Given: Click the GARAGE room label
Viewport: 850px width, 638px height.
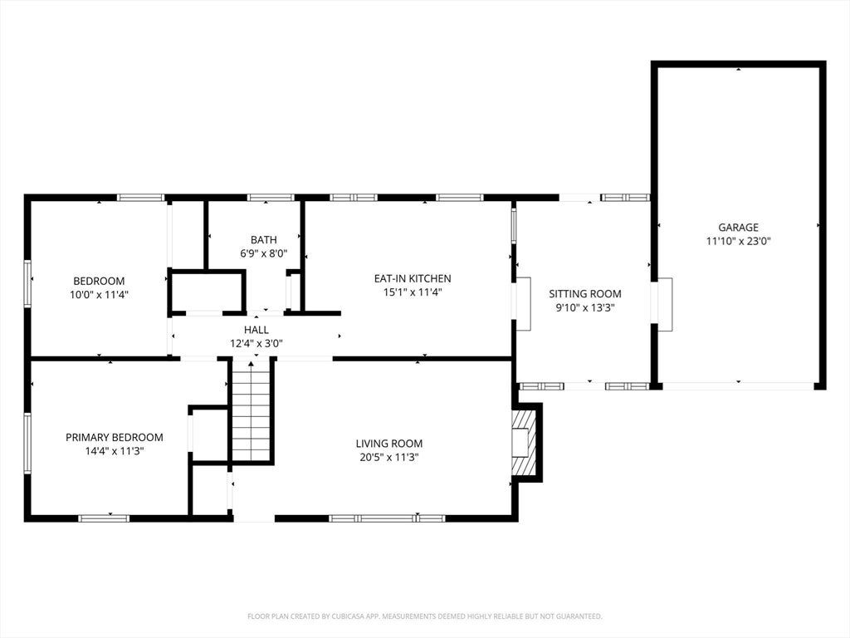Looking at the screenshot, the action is (x=738, y=228).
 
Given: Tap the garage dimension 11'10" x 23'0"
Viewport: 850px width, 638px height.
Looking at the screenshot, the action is (x=738, y=241).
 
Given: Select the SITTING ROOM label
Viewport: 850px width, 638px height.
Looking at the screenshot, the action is (x=585, y=293).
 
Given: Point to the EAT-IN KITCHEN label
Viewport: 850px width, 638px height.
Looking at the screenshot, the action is (x=413, y=278).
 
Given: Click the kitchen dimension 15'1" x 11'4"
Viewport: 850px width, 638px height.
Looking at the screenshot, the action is (x=413, y=292).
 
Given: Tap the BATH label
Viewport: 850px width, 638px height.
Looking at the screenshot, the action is (x=264, y=239).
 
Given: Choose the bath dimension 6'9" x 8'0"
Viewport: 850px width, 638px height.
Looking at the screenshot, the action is (x=264, y=253).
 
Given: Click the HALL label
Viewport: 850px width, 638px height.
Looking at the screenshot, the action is (x=256, y=329).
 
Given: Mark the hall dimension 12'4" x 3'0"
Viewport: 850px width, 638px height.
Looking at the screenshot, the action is (x=256, y=343).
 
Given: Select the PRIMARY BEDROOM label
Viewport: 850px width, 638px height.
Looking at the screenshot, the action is (x=115, y=437).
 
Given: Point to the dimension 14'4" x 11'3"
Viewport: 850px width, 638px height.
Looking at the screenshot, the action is (x=115, y=451).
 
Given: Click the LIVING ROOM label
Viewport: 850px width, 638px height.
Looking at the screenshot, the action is (x=389, y=444).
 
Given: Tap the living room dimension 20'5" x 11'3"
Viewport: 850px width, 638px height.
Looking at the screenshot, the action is (x=389, y=458).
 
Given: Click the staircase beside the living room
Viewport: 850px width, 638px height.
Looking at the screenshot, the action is (x=251, y=410).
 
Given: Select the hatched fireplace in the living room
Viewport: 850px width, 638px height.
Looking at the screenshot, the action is (x=523, y=442).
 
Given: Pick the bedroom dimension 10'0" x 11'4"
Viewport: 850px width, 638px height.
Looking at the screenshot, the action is (x=100, y=295).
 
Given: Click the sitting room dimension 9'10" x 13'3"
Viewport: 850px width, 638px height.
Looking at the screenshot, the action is (x=585, y=307).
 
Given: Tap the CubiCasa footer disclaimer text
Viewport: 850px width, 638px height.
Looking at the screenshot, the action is (x=425, y=616).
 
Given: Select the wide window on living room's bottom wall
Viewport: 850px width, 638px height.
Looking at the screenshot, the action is (x=387, y=518).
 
